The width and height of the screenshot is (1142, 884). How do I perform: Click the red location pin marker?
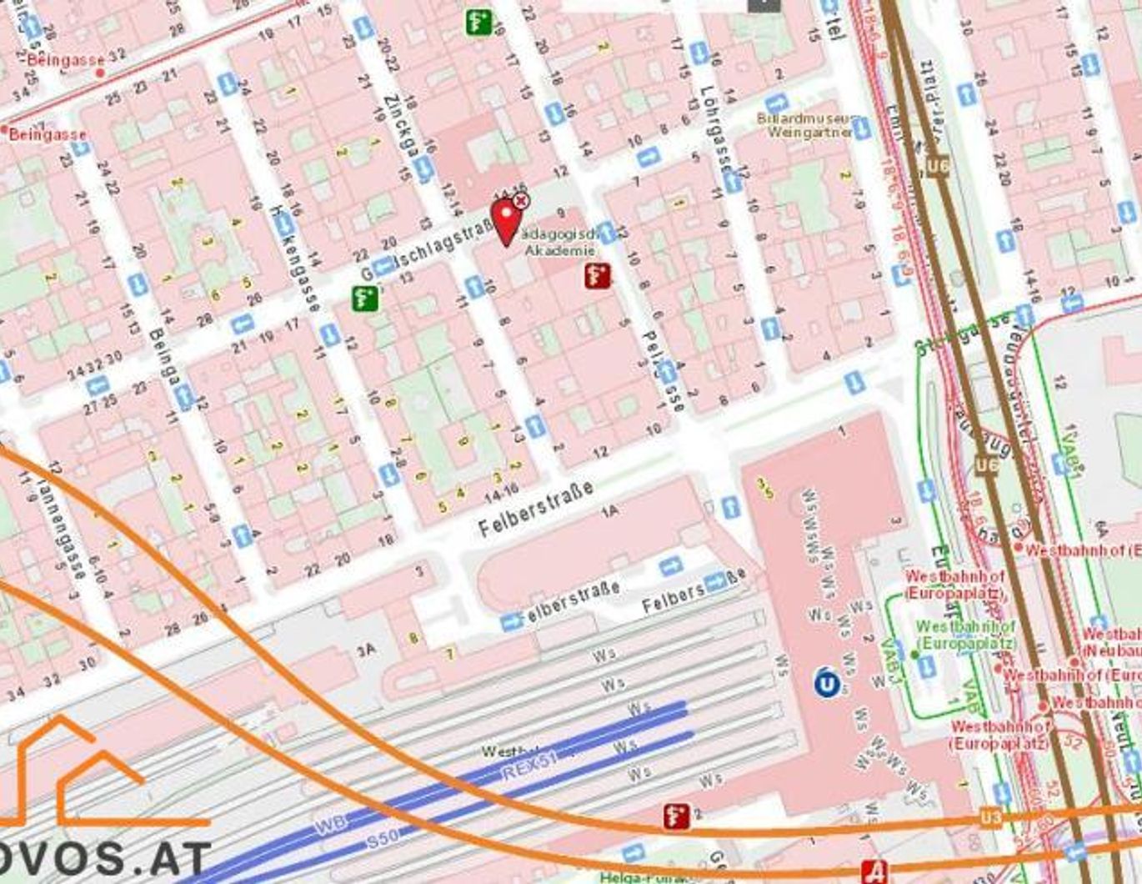(506, 221)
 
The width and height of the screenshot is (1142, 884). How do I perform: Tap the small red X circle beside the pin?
(521, 200)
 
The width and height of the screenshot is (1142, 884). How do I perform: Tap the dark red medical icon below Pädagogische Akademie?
(597, 275)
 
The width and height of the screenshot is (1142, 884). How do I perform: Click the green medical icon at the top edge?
(478, 21)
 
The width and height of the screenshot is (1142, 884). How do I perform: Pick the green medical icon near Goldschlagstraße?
(364, 298)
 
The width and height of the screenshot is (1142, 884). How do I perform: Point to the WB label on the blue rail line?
(328, 827)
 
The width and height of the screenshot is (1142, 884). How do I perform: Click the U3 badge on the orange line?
(989, 817)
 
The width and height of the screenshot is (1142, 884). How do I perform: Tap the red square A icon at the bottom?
(874, 871)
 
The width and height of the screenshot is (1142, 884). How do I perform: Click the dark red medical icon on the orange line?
(676, 816)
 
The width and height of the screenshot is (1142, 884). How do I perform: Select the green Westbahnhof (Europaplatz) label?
(965, 635)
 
